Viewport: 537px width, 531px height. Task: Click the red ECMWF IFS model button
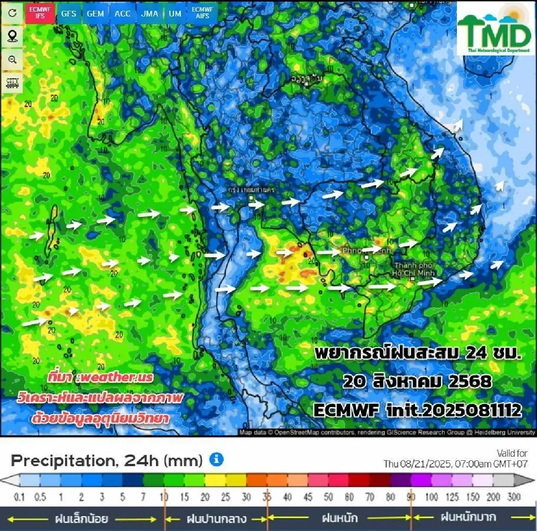click(x=40, y=13)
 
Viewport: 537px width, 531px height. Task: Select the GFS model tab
click(x=68, y=13)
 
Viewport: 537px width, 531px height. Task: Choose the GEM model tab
click(x=95, y=13)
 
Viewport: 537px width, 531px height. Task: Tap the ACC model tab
click(x=122, y=13)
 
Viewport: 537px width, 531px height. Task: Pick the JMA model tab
click(x=149, y=13)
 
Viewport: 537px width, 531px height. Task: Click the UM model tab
click(x=175, y=13)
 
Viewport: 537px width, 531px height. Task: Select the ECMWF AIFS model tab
click(x=202, y=13)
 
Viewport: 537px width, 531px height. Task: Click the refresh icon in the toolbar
click(x=13, y=13)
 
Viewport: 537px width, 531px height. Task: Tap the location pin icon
click(x=13, y=36)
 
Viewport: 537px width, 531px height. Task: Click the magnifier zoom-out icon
click(x=13, y=59)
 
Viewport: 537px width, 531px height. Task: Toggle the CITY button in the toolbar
click(x=13, y=83)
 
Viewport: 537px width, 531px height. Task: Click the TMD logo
click(x=494, y=30)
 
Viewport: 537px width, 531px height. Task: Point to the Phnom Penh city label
click(x=366, y=251)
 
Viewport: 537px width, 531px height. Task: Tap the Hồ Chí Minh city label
click(x=413, y=269)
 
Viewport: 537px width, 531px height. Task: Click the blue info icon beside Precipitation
click(x=217, y=459)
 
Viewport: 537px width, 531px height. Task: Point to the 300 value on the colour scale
click(x=514, y=497)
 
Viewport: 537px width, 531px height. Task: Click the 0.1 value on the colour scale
click(x=19, y=497)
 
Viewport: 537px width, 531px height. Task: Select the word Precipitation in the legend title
click(x=64, y=460)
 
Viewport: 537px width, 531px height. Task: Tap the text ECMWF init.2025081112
click(x=417, y=410)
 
